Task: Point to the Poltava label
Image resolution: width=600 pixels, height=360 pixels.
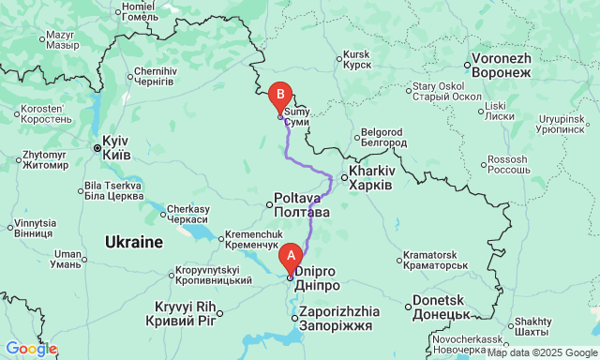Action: [301, 205]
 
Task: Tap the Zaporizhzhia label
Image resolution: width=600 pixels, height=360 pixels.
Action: [340, 318]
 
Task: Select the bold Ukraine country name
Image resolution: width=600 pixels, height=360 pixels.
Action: [134, 242]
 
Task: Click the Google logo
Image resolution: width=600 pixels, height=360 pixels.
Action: [31, 349]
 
